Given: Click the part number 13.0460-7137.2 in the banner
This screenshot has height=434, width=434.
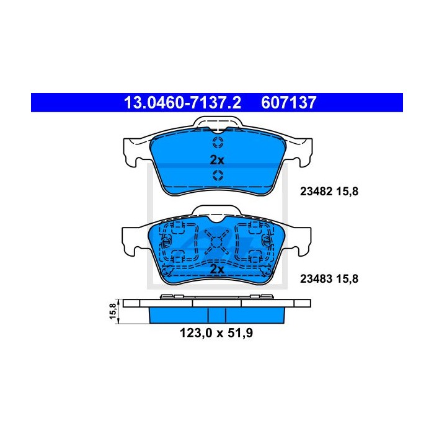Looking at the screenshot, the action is (182, 102).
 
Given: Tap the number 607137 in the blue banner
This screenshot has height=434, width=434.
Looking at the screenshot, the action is (288, 102).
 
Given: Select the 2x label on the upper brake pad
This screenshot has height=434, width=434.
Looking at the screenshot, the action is (217, 160).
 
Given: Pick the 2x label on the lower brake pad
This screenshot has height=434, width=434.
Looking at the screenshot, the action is (217, 269).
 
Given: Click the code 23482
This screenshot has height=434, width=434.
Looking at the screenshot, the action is (316, 191).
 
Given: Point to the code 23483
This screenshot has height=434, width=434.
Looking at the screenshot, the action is (316, 279).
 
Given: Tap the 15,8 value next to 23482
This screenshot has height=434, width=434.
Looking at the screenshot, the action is (347, 192).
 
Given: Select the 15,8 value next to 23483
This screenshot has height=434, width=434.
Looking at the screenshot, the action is (347, 279).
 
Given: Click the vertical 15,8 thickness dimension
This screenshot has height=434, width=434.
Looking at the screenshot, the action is (113, 311).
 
